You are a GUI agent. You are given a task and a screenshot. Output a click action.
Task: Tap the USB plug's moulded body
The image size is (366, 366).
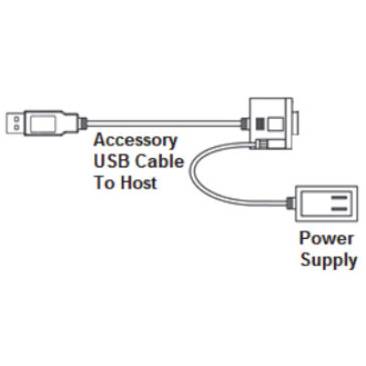[x=50, y=121]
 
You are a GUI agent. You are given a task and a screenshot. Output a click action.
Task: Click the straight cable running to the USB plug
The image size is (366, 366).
[x=165, y=121]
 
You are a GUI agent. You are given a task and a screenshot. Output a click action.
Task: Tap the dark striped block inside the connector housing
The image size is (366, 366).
[x=259, y=122]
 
